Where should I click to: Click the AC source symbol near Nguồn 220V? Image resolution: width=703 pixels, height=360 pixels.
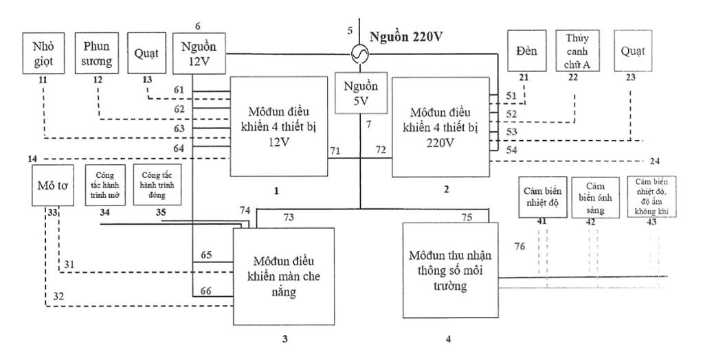point(359,53)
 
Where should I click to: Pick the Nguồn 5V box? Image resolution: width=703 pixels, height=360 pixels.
point(359,93)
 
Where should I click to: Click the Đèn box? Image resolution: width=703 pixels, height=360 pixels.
point(526,50)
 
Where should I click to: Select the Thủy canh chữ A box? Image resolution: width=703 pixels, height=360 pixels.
point(578,50)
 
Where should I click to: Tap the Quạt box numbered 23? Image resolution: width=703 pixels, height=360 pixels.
point(632,50)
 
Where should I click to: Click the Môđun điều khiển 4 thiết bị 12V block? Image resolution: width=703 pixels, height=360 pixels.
point(278,126)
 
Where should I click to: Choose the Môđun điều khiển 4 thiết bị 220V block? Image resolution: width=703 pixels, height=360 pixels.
point(440,126)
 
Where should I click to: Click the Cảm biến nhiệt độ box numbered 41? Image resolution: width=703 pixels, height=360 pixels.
point(539,197)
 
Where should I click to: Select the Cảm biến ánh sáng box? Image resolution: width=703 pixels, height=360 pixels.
point(596,197)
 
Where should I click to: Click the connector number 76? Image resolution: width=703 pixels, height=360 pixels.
point(520,245)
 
